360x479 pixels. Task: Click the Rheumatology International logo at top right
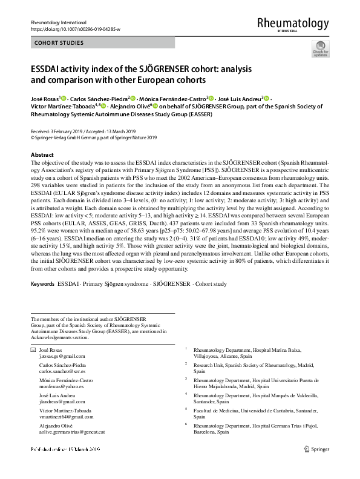(x=293, y=24)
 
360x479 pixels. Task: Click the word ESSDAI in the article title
(x=52, y=69)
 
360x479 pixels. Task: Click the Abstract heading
(x=42, y=155)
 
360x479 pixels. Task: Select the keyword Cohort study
(x=211, y=284)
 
